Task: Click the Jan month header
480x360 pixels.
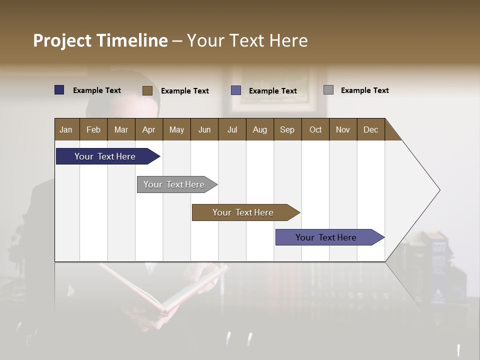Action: (66, 129)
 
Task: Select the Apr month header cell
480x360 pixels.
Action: (149, 129)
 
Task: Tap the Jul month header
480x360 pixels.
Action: (232, 129)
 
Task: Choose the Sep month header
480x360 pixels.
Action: (287, 129)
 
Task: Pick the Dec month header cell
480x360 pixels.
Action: (370, 129)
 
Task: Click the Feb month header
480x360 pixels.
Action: (93, 129)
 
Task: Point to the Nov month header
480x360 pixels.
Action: (343, 129)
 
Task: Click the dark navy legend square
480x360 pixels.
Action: (59, 90)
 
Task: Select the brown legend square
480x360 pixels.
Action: (147, 90)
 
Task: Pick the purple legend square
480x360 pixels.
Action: (236, 90)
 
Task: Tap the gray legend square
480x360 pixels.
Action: (328, 90)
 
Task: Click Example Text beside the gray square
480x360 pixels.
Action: (364, 90)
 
